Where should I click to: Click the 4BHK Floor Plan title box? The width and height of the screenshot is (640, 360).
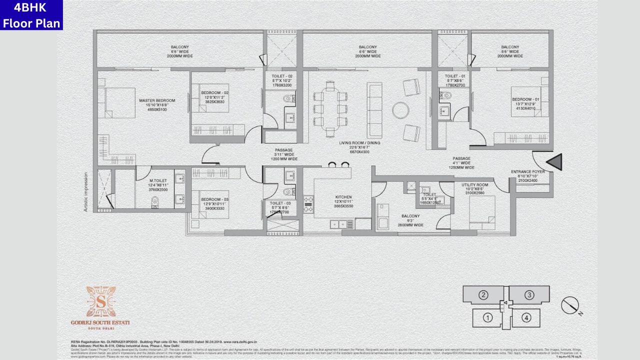31,15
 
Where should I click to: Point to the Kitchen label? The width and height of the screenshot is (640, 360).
343,197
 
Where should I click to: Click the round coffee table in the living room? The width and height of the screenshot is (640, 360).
400,110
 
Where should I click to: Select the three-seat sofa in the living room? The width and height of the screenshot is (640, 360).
374,110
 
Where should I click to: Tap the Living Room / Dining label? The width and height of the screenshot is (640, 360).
359,143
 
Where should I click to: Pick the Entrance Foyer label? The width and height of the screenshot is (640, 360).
527,172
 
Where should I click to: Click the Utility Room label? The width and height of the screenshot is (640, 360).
475,184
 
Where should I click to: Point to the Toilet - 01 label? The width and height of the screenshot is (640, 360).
454,75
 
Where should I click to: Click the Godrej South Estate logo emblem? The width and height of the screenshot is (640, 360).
100,302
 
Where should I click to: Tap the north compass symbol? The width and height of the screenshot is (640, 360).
569,305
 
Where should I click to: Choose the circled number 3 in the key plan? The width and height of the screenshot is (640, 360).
529,294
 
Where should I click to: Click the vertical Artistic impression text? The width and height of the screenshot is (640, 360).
86,192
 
